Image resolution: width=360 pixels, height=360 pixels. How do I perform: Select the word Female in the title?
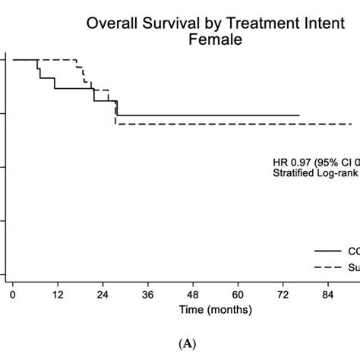(x=215, y=39)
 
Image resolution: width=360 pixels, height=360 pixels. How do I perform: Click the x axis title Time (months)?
(x=216, y=310)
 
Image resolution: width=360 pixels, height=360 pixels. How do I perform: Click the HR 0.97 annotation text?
(x=315, y=162)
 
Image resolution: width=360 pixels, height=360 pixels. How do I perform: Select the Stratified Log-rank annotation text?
(x=315, y=173)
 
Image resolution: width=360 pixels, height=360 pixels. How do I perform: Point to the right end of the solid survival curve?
(x=298, y=115)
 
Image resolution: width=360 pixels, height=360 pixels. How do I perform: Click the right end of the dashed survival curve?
(x=352, y=124)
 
